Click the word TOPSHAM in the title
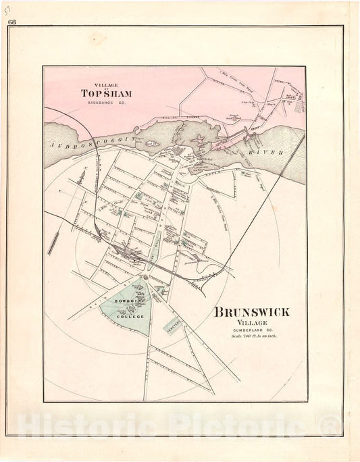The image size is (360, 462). pyautogui.click(x=105, y=93)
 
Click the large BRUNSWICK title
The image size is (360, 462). pyautogui.click(x=252, y=312)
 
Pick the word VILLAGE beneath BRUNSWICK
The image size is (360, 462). pyautogui.click(x=252, y=323)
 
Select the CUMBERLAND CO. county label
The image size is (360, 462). pyautogui.click(x=252, y=330)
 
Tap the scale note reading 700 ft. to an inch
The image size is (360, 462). pyautogui.click(x=254, y=336)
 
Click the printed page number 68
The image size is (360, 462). pyautogui.click(x=12, y=22)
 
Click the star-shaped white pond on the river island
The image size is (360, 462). pyautogui.click(x=201, y=142)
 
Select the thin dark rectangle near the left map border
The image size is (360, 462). pyautogui.click(x=53, y=242)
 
